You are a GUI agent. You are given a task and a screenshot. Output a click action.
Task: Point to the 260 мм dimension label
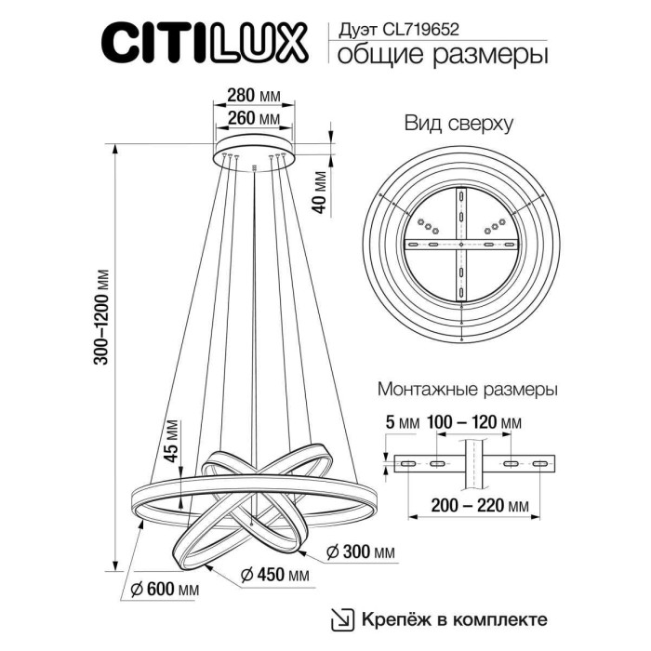(x=253, y=119)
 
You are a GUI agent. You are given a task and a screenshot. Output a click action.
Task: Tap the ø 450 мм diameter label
(x=274, y=576)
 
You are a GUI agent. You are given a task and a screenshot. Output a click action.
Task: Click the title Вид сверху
(x=458, y=124)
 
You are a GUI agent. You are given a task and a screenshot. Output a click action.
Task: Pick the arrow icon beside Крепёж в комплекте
(x=344, y=618)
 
